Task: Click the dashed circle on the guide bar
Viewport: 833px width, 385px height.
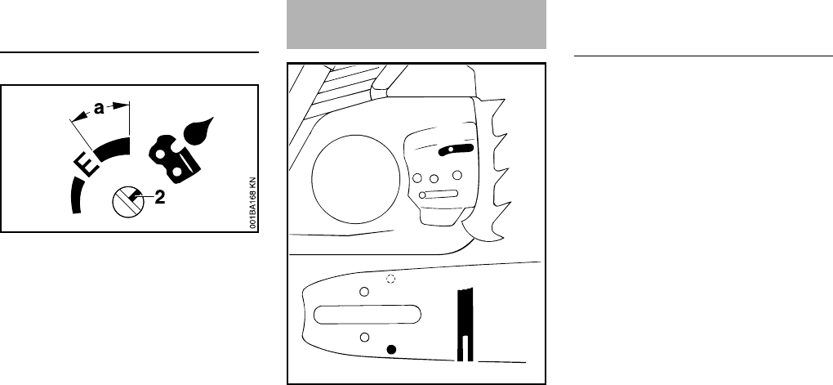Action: [x=390, y=280]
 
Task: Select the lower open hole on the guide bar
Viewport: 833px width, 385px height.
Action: [x=365, y=337]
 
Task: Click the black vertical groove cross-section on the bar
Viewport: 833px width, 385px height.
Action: [x=465, y=324]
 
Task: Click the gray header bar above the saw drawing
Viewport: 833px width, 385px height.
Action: [x=416, y=24]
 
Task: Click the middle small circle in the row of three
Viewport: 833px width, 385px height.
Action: [x=434, y=177]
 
